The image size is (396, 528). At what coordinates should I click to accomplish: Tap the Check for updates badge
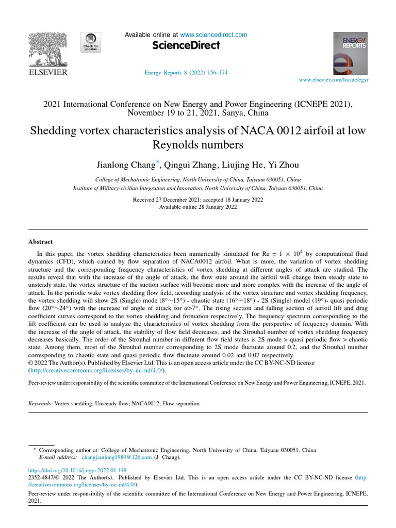coord(90,41)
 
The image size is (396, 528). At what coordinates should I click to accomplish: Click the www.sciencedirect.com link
coord(214,35)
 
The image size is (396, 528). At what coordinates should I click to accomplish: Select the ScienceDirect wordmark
coord(186,46)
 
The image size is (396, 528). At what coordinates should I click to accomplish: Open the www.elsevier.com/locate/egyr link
coord(334,80)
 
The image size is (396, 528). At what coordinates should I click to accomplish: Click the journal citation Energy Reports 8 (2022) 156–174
coord(186,73)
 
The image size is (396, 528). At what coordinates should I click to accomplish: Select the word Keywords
coord(40,403)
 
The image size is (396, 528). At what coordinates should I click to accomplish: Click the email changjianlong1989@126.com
coord(117,457)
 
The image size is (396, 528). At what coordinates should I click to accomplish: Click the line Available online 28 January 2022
coord(197,207)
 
